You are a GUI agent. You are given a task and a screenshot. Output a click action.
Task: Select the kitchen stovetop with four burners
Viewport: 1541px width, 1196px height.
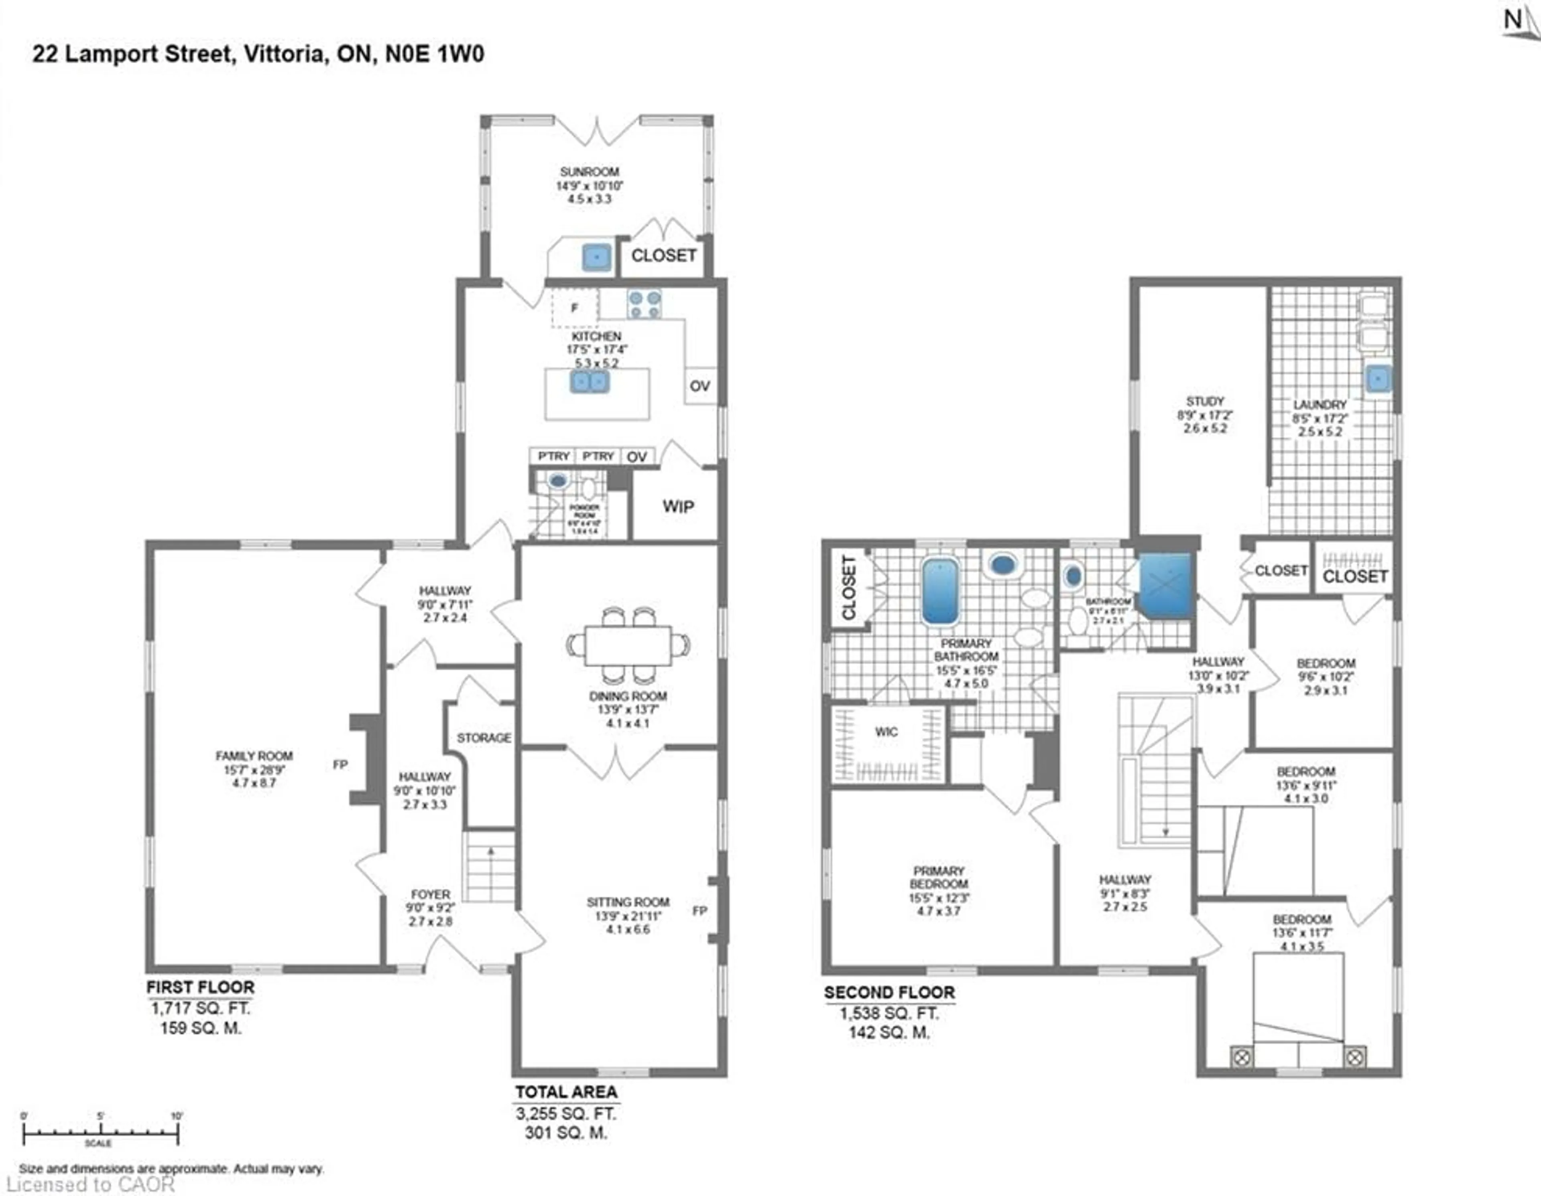pyautogui.click(x=644, y=305)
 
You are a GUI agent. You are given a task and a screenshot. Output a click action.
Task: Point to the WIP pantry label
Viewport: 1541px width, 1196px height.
pyautogui.click(x=677, y=506)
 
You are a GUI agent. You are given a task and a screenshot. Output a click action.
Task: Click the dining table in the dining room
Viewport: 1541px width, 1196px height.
pyautogui.click(x=628, y=645)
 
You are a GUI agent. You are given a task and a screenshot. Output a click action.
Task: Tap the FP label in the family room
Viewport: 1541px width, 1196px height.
pyautogui.click(x=340, y=764)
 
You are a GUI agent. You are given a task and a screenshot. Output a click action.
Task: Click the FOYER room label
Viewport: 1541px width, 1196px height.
pyautogui.click(x=430, y=894)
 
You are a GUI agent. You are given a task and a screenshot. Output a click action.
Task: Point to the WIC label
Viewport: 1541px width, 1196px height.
pyautogui.click(x=886, y=732)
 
